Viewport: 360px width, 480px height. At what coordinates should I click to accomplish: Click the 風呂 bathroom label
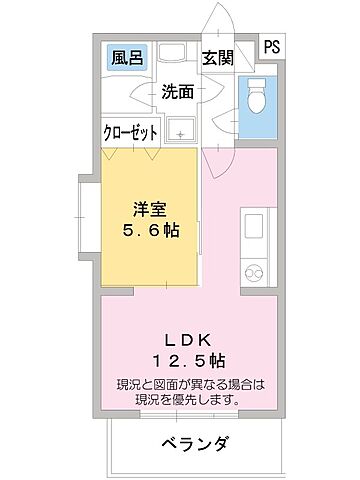[x=125, y=58]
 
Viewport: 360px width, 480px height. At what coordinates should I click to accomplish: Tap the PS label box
[x=272, y=46]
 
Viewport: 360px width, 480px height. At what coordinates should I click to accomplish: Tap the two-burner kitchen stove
[x=253, y=270]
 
